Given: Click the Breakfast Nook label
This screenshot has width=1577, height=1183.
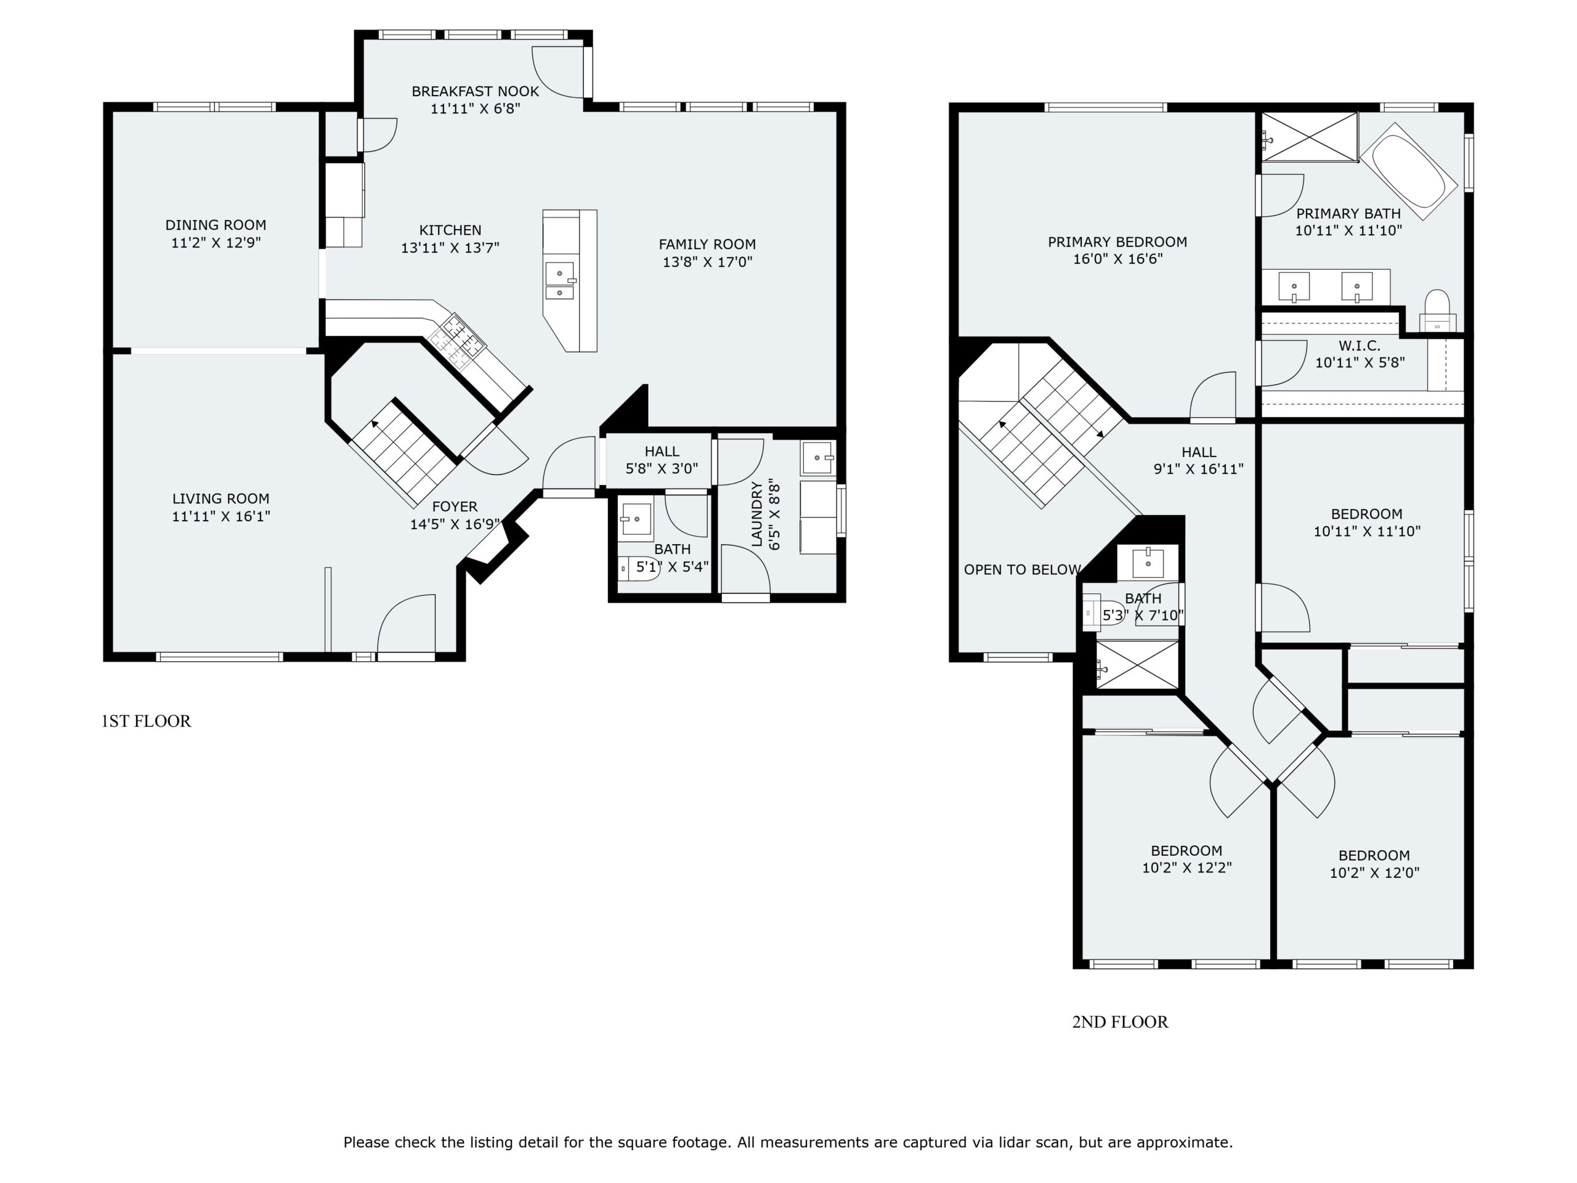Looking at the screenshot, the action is pos(475,91).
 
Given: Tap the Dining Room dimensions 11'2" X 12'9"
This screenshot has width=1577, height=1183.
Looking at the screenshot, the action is pos(216,242).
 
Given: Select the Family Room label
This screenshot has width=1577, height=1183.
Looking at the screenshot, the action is pos(707,244).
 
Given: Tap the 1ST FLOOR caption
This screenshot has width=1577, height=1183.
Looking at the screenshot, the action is pos(146,721).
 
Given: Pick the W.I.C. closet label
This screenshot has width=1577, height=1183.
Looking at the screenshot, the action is pos(1359,346).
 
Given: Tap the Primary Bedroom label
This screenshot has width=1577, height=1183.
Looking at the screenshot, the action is pos(1117,242).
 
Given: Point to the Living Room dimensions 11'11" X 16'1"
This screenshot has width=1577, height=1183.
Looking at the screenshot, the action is pos(221,516).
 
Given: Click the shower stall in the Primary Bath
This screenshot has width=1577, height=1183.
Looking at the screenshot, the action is pos(1310,136).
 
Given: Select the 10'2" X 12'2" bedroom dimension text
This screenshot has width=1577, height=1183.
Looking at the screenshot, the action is pos(1187,868).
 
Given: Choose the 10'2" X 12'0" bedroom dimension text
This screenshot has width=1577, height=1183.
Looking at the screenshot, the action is pos(1374,873).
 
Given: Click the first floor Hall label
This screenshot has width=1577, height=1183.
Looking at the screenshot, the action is pos(662,452).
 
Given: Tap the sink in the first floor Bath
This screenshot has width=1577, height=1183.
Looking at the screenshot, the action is pos(635,518).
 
